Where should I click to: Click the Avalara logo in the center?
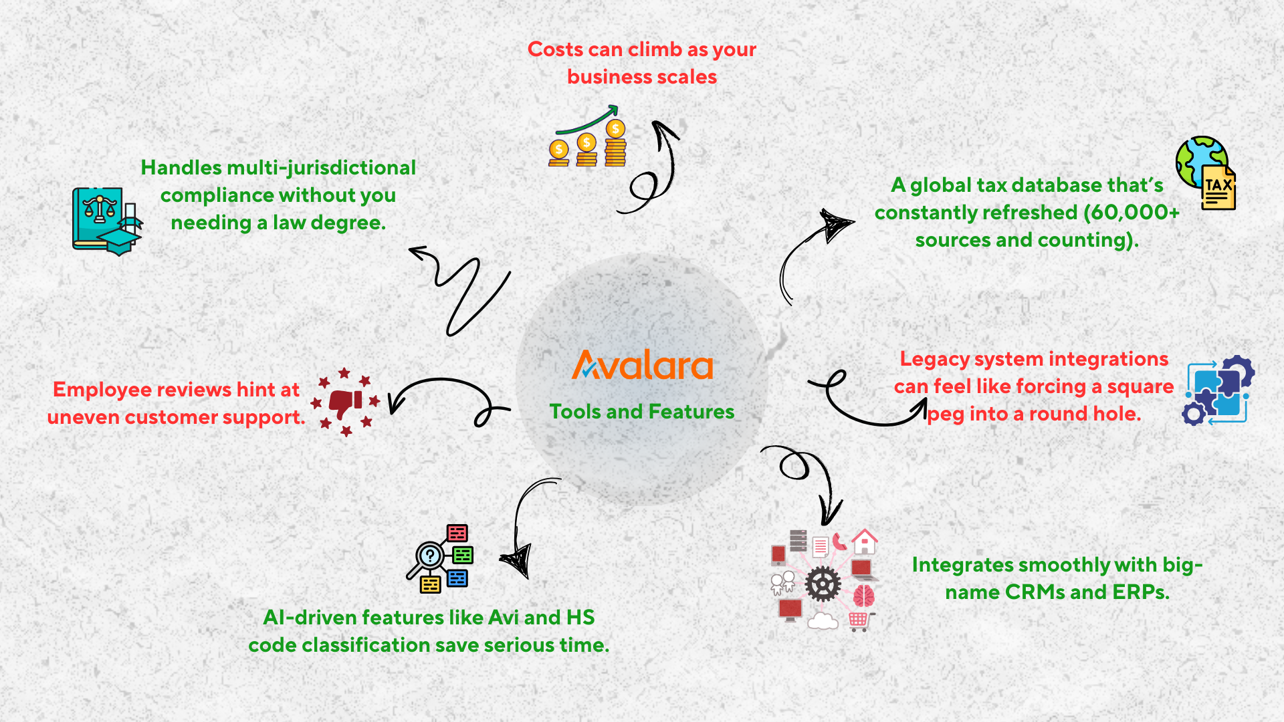click(642, 365)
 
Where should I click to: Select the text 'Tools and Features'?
click(642, 411)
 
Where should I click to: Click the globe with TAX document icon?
click(1206, 173)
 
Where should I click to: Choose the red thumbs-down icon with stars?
click(346, 402)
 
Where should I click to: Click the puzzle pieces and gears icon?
click(1218, 390)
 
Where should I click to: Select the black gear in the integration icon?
click(823, 584)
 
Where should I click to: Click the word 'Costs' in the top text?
click(556, 49)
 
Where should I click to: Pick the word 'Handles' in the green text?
click(181, 168)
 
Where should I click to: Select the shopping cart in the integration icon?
click(859, 621)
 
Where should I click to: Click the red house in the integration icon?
click(865, 541)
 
